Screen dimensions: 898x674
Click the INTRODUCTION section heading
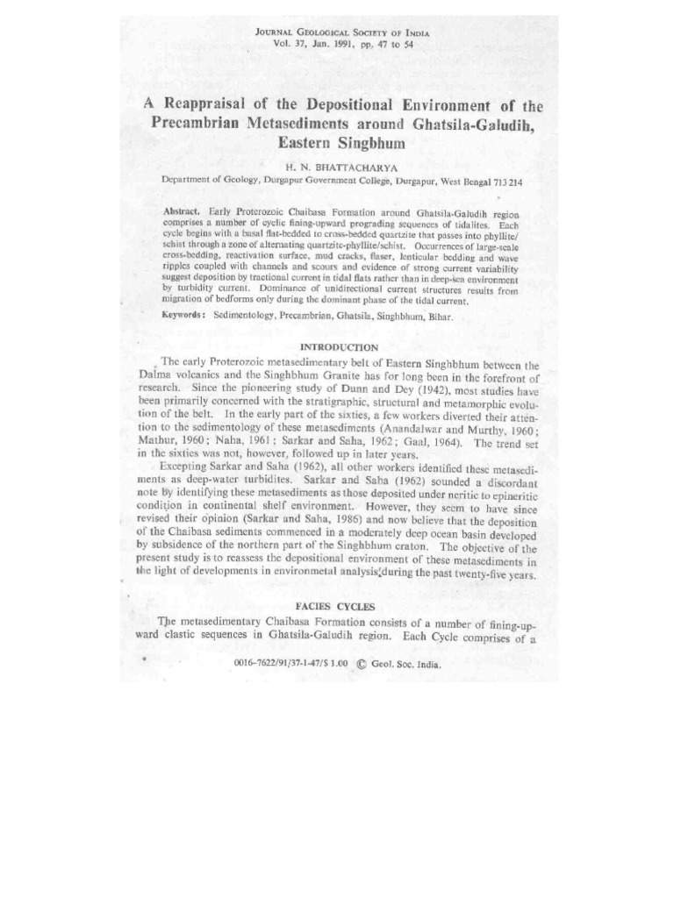(x=339, y=347)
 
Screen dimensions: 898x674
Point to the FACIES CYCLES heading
(x=335, y=607)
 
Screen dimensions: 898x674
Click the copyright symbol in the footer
(x=362, y=664)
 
